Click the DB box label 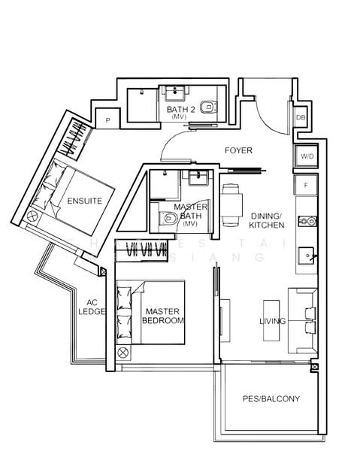(301, 118)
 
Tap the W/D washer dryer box (306, 156)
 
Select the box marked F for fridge (306, 183)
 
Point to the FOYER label (238, 150)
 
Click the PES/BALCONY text (271, 398)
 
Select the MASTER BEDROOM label (163, 316)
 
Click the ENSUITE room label (80, 201)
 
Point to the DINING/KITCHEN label (267, 219)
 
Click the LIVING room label (273, 322)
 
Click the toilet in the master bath (168, 219)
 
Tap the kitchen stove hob (306, 221)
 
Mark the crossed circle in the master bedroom (123, 352)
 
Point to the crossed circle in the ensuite (32, 216)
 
